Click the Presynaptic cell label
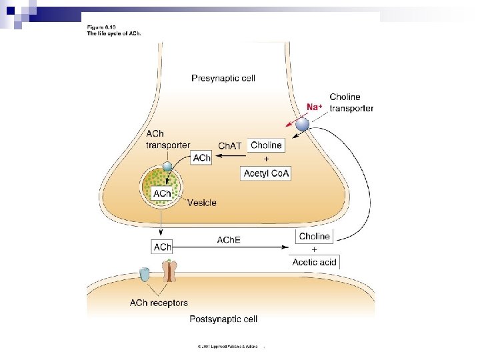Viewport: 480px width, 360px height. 223,78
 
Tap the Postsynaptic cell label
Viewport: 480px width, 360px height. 223,319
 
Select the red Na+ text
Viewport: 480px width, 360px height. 315,107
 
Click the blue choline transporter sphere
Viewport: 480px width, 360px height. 303,125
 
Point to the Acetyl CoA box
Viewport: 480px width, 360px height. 265,173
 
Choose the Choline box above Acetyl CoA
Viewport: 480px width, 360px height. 266,145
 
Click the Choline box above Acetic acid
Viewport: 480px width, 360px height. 314,236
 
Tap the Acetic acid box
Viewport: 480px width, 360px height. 314,262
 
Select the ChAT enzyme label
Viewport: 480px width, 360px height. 231,146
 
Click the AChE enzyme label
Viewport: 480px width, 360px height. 229,239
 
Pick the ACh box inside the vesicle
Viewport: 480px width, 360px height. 162,193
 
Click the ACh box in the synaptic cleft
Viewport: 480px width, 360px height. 162,247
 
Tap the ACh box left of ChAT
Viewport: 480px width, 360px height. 201,158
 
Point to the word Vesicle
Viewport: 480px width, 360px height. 201,203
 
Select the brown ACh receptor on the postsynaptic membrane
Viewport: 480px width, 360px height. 171,270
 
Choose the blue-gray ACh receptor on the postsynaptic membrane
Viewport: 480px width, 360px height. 145,273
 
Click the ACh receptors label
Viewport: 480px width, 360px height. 159,303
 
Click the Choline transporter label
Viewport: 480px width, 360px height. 351,103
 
